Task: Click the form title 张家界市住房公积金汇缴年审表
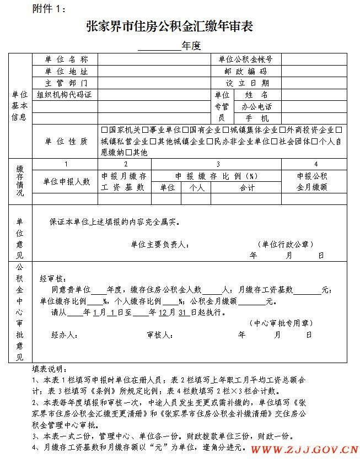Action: [x=169, y=26]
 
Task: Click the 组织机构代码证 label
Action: [x=65, y=94]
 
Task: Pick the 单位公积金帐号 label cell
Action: [x=246, y=59]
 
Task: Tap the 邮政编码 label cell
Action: [x=246, y=71]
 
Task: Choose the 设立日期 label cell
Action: [x=246, y=83]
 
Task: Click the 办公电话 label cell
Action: [x=257, y=106]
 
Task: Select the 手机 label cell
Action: [x=257, y=118]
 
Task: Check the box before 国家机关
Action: [x=105, y=130]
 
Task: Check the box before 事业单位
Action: [x=145, y=130]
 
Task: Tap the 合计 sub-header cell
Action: [x=246, y=187]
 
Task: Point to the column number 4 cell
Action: [x=315, y=164]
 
